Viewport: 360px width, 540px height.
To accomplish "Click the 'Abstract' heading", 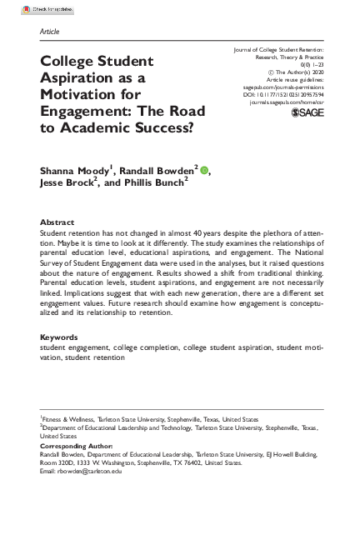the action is click(56, 223).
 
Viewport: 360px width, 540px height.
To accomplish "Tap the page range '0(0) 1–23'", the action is click(320, 64).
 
